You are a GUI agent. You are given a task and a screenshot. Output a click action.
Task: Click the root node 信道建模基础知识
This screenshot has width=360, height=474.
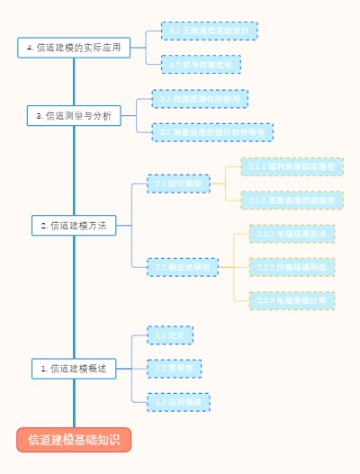tap(74, 440)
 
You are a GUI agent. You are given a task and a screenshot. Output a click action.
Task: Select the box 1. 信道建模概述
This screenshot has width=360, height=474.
tap(74, 369)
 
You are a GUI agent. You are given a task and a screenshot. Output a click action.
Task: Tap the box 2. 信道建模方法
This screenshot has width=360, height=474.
tap(74, 226)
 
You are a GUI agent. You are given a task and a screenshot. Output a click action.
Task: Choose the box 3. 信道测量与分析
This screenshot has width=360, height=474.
tap(74, 116)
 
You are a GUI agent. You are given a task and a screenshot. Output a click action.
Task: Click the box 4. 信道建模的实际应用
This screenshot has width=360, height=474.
tap(74, 48)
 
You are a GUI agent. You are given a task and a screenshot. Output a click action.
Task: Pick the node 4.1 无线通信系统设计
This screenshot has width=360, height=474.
tap(209, 31)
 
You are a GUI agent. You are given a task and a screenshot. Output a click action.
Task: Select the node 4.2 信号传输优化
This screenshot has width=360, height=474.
tap(201, 64)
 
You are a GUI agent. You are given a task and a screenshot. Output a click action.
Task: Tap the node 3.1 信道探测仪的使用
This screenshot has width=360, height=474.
tap(200, 98)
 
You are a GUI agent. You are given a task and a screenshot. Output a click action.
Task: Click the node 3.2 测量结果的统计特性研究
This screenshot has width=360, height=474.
tap(212, 132)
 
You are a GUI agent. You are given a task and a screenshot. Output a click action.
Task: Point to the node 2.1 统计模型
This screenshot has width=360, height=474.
tap(178, 183)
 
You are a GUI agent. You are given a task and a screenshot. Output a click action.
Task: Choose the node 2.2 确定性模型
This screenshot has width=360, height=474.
tap(182, 267)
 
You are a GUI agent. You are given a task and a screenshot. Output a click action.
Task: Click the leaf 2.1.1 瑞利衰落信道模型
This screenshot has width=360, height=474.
tap(292, 167)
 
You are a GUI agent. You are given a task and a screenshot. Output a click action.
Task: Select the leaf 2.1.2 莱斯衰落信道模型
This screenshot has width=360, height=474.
tap(292, 201)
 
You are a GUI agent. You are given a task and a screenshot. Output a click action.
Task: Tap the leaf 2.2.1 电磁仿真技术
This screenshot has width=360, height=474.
tap(292, 234)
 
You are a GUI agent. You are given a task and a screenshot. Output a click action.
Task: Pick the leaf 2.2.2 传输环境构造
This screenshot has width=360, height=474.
tap(292, 267)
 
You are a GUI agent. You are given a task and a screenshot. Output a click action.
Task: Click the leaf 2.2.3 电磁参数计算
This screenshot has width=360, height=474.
tap(292, 300)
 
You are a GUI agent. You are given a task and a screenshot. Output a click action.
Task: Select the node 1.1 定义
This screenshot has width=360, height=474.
tap(169, 335)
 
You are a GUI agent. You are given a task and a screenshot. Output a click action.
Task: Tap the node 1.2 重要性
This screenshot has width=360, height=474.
tap(174, 368)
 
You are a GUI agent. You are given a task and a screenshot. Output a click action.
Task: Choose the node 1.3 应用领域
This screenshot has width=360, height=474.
tap(178, 402)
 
